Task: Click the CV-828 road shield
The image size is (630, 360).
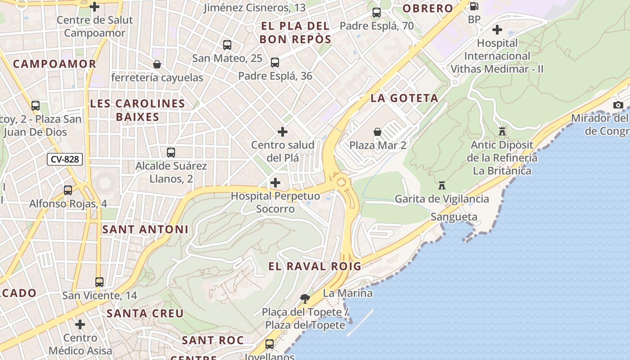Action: coord(65,159)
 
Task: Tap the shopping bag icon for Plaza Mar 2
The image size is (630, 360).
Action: coord(378,132)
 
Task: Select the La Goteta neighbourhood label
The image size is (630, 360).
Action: coord(404,98)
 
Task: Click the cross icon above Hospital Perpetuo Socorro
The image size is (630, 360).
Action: coord(275,183)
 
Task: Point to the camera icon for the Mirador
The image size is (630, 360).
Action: coord(618,105)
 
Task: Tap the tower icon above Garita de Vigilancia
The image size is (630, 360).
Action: coord(442,185)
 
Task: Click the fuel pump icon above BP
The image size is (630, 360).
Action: coord(474,6)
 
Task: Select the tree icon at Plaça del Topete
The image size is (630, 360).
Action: coord(305,298)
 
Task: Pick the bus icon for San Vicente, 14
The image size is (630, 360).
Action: coord(99,282)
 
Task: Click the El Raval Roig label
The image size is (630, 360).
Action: coord(315,266)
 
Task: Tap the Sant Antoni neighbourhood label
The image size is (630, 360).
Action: coord(145,229)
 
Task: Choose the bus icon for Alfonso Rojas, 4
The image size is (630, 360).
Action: coord(68,190)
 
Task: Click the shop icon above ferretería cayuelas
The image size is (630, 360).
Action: coord(157,64)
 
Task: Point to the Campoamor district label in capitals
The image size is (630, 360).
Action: coord(54,64)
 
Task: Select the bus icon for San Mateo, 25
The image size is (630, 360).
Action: coord(227,45)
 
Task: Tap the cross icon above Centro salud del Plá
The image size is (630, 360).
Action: coord(283,132)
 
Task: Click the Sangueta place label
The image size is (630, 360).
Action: coord(454,217)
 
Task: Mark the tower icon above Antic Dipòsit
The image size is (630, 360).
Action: coord(502,131)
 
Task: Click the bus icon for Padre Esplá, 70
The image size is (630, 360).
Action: coord(377,13)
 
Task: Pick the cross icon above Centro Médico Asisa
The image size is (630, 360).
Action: coord(80,324)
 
